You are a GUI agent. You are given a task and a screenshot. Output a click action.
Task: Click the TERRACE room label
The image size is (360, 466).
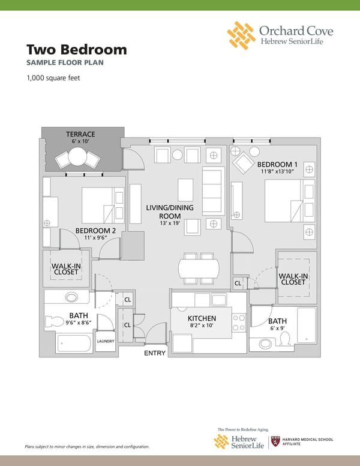(80, 134)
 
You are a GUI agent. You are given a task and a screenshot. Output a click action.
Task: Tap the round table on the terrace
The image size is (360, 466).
(77, 157)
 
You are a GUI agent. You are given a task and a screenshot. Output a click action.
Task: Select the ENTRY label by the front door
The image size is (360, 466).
(155, 353)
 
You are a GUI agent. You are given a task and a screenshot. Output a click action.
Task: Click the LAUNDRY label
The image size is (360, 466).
(106, 341)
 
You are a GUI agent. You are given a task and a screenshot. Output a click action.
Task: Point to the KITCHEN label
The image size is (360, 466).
(202, 318)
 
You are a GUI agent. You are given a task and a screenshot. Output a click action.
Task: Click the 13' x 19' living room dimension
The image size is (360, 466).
(170, 223)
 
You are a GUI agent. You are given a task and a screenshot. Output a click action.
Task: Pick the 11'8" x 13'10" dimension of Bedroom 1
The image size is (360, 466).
(277, 171)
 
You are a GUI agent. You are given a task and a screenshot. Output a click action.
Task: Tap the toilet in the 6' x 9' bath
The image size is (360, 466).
(285, 339)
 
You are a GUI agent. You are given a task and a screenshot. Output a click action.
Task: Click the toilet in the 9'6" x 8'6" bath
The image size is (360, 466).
(54, 321)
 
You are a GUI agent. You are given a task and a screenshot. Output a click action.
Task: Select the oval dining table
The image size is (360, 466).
(199, 268)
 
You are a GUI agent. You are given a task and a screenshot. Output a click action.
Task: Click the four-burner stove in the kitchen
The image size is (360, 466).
(239, 322)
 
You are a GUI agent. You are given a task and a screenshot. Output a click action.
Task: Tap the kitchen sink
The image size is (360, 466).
(219, 300)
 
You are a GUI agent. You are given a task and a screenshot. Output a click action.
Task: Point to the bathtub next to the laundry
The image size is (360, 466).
(74, 344)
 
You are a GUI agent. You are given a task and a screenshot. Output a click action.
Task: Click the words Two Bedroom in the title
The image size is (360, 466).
(77, 49)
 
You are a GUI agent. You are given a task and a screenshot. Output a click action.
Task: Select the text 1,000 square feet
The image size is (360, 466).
(53, 78)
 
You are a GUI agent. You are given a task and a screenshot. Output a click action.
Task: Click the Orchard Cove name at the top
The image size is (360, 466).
(296, 31)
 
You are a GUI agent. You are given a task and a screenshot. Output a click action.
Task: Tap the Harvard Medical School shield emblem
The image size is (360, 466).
(275, 441)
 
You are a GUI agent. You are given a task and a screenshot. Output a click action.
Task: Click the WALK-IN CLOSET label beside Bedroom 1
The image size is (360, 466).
(293, 279)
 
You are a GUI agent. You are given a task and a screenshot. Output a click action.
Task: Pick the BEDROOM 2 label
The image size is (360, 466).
(95, 231)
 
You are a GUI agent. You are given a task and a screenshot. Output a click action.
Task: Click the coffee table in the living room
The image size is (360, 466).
(185, 190)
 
